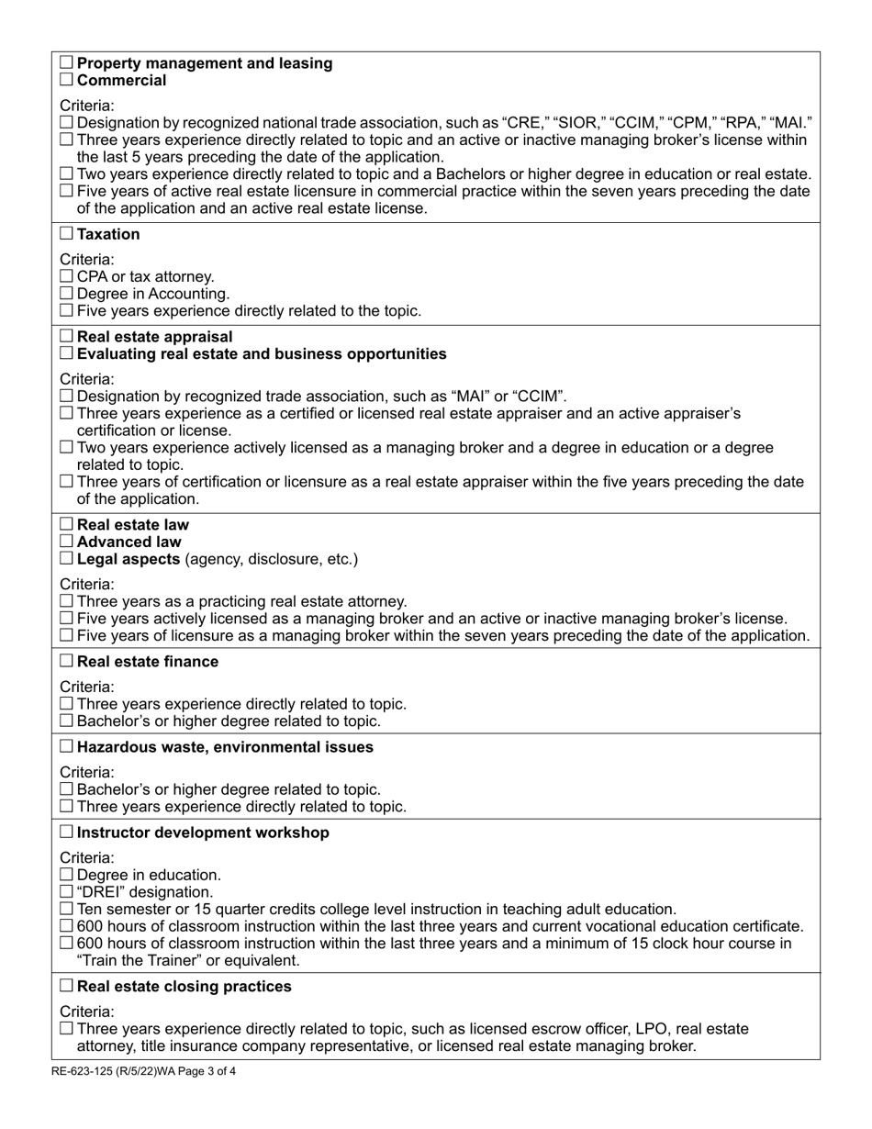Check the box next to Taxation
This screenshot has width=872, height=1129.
pos(67,235)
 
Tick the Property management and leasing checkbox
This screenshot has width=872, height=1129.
pos(67,63)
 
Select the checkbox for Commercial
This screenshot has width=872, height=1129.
pos(67,81)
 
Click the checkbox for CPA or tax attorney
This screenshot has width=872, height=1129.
pos(67,276)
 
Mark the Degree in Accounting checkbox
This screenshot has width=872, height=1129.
pos(67,294)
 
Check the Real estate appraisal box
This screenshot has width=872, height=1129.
pos(67,337)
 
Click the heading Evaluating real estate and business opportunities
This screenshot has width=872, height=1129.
pos(262,354)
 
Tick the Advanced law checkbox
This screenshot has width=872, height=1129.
pos(67,542)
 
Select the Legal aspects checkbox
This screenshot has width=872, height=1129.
pos(67,559)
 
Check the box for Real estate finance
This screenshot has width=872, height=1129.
pos(67,662)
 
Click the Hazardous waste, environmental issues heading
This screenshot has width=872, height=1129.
pos(225,747)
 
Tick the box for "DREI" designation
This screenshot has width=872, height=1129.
pos(67,892)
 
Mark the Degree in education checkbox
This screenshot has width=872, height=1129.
pos(67,875)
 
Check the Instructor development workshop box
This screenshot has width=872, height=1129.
pos(67,833)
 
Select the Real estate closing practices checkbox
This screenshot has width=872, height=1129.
pos(67,987)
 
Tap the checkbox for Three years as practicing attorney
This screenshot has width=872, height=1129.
pos(67,601)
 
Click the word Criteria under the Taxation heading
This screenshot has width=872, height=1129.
pos(87,259)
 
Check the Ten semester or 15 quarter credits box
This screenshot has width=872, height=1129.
pos(67,910)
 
